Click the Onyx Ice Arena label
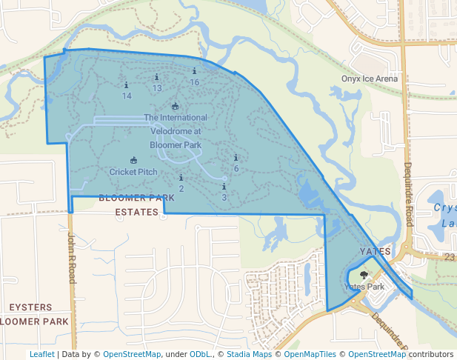[x=370, y=79]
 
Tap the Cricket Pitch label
[x=133, y=172]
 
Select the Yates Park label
[x=364, y=287]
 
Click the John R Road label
[x=72, y=256]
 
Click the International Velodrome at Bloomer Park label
[x=176, y=131]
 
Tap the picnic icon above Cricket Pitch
[x=133, y=160]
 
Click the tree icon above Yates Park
[x=363, y=274]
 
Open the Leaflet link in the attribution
[x=41, y=355]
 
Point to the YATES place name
[x=375, y=252]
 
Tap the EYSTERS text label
[x=30, y=307]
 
